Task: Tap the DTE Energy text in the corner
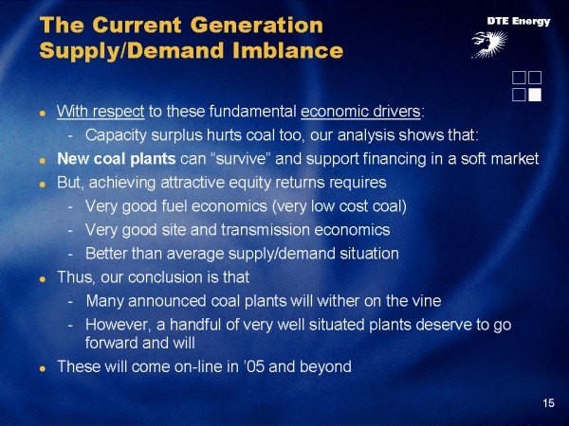(x=519, y=22)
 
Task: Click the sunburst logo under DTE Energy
(x=489, y=44)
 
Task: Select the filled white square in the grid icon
(x=535, y=95)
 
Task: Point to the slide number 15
(x=548, y=403)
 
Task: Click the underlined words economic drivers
(x=360, y=111)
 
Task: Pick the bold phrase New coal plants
(x=117, y=159)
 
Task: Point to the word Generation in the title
(x=257, y=25)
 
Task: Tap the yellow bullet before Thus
(x=43, y=279)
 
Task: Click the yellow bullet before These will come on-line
(x=43, y=368)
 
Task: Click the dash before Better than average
(x=70, y=255)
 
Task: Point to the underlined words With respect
(x=101, y=111)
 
